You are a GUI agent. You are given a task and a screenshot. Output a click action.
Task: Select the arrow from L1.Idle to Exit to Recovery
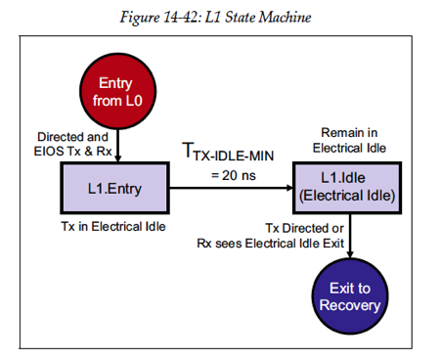tap(349, 235)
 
